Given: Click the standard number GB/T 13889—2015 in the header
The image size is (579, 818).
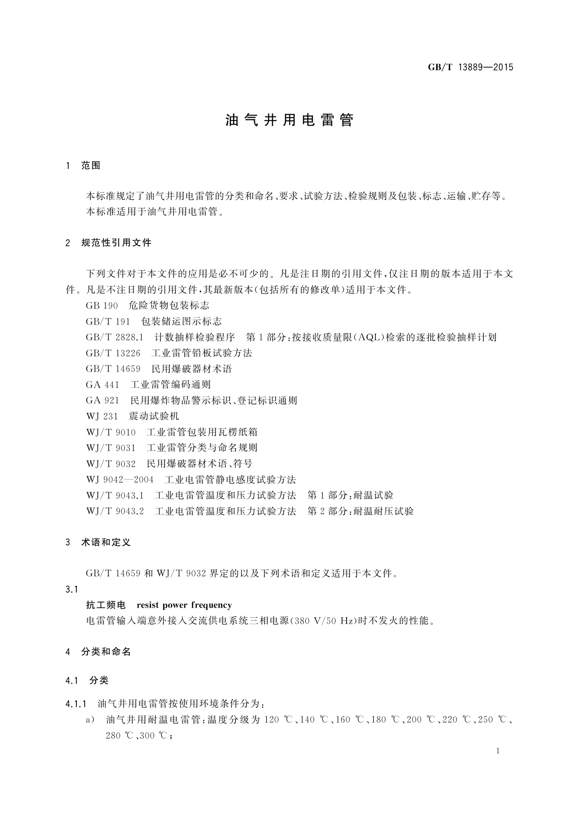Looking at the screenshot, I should [x=470, y=68].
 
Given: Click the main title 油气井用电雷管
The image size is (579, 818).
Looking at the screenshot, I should [x=289, y=120].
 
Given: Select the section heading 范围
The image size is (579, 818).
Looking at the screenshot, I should [x=91, y=166].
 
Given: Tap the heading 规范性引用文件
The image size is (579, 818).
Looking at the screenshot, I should [x=116, y=242].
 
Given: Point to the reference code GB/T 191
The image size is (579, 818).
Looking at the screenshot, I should [x=108, y=322].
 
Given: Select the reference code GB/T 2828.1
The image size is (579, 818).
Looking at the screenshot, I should [x=115, y=337].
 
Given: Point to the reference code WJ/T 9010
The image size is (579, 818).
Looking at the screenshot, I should [x=111, y=432].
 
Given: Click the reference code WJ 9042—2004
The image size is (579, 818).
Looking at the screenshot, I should [x=120, y=479].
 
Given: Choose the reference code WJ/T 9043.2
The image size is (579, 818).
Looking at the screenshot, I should [x=115, y=511].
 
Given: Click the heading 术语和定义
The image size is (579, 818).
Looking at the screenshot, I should [x=106, y=542].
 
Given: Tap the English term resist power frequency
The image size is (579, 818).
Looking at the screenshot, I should [x=184, y=605].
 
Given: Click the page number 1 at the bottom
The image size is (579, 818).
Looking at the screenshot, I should [x=498, y=751].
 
